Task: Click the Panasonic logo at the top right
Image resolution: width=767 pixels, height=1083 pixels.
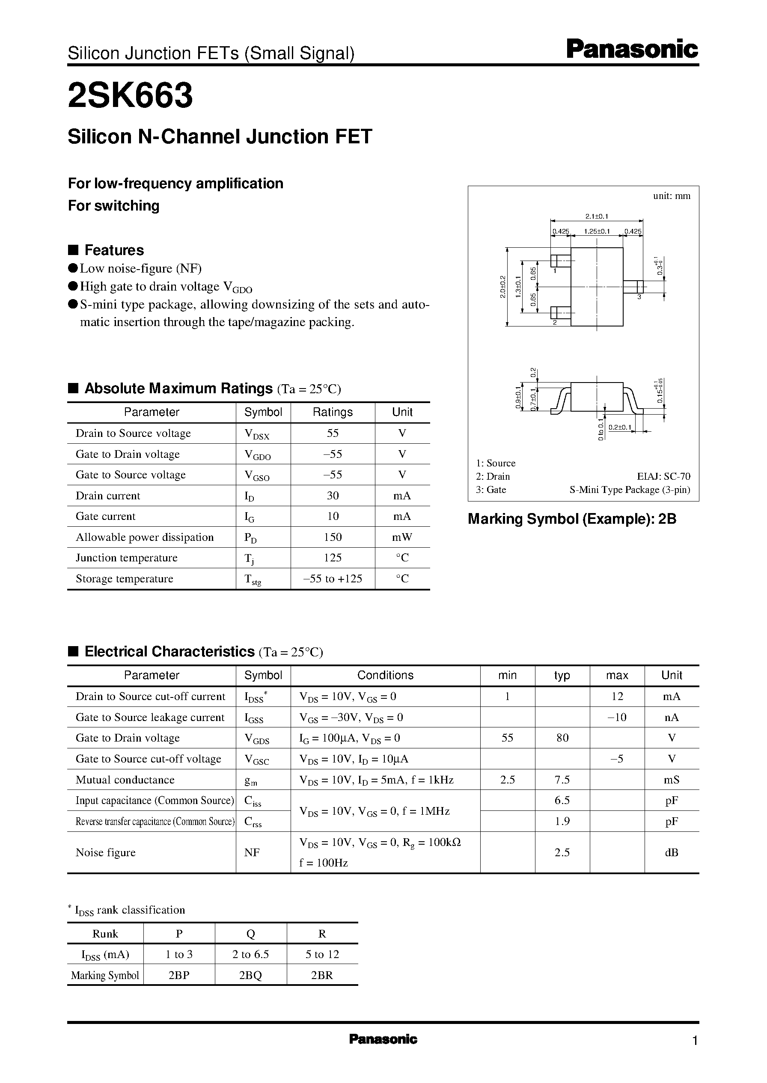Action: (x=631, y=50)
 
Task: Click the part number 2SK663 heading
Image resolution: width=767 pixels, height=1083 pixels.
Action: (x=131, y=95)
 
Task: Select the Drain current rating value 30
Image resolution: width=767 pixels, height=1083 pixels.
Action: (x=333, y=496)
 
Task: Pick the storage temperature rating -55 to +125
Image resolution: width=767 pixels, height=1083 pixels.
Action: (x=333, y=579)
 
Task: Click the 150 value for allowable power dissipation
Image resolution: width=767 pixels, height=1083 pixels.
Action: (x=333, y=537)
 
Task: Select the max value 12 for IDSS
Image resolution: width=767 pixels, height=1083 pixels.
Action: (x=617, y=696)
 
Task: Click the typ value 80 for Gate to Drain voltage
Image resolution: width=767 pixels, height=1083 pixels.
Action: (x=562, y=738)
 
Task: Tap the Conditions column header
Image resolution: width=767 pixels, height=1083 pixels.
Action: (x=385, y=675)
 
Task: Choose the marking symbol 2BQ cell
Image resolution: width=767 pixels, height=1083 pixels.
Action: (x=250, y=975)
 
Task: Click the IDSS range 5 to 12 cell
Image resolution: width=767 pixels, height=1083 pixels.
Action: (x=322, y=954)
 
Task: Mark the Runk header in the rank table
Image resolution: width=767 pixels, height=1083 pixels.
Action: (x=105, y=933)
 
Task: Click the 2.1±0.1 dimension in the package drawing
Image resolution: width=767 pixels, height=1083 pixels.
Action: (x=597, y=216)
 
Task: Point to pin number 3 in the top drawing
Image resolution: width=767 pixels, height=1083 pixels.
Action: (x=639, y=297)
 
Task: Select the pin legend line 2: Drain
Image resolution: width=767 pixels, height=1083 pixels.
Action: (x=493, y=476)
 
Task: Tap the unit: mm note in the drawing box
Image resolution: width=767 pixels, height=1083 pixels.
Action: (x=671, y=196)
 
